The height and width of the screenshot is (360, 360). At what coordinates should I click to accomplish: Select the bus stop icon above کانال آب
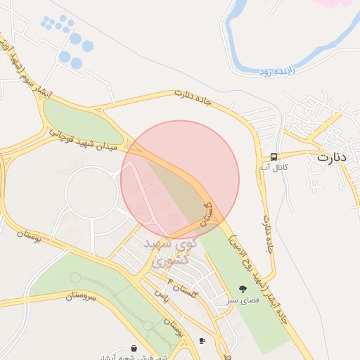coord(273,157)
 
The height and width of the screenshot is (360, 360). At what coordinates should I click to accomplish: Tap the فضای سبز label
coord(243,300)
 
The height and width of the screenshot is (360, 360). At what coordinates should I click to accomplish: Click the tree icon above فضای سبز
coord(243,288)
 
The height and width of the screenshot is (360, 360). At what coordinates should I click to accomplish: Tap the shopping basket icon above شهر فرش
coord(134,347)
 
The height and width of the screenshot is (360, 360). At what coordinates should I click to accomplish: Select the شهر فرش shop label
coord(141,357)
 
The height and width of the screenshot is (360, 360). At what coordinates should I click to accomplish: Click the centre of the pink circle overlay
coord(180,179)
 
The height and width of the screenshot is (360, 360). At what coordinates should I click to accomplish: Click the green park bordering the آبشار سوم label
coord(77,120)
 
